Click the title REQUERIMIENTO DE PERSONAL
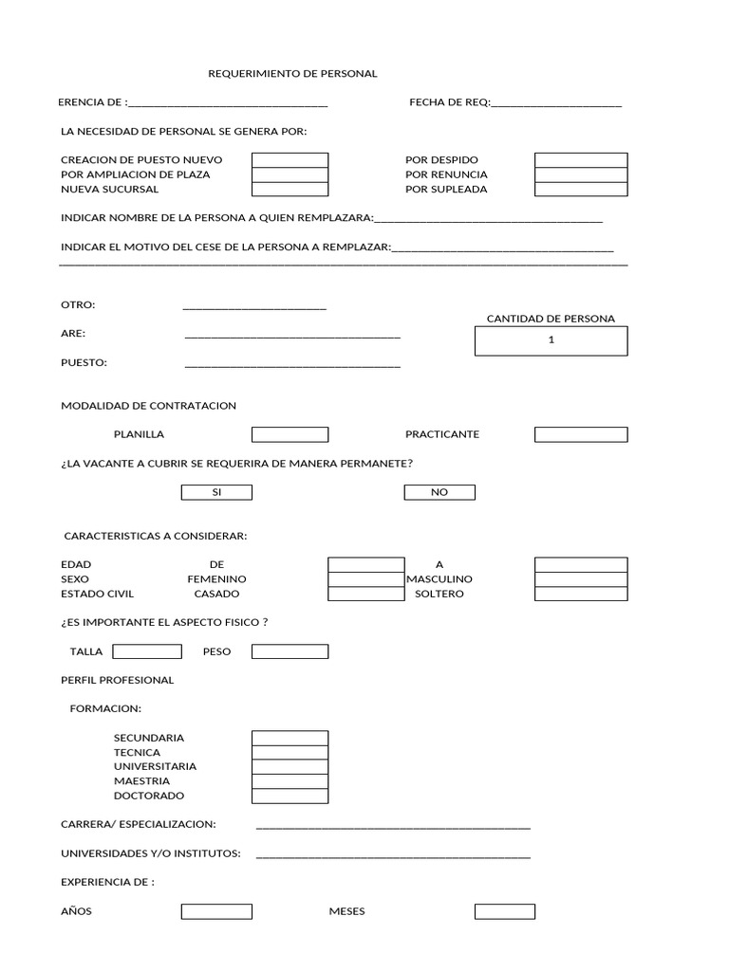292,73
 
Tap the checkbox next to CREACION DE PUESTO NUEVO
290,160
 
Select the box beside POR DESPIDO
580,160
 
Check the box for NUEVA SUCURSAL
290,189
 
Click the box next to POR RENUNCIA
580,174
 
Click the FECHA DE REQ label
449,102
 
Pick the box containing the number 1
551,340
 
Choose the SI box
216,492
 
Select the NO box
439,492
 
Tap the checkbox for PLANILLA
290,434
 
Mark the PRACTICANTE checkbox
580,434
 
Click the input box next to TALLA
147,651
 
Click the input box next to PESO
290,651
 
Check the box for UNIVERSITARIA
290,766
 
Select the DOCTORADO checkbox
290,796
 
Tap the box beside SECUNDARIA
290,738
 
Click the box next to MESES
505,911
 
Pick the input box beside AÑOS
216,911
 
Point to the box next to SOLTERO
580,594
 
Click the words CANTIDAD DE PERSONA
551,319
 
